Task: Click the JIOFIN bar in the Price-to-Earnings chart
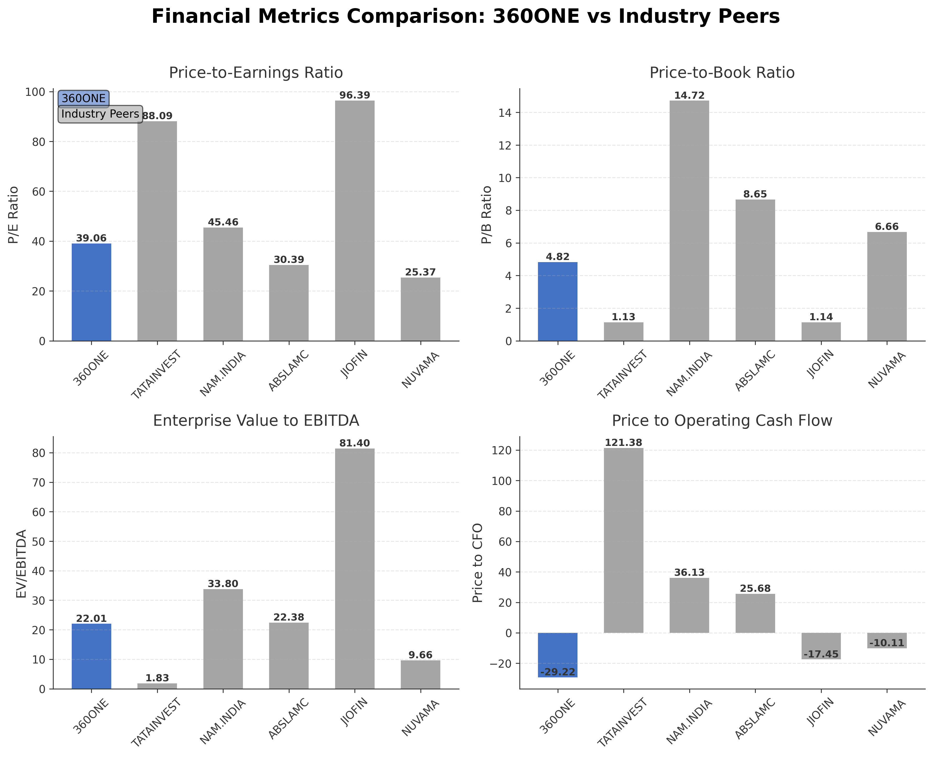354,220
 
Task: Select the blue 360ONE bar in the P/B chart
558,301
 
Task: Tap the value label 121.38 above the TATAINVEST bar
624,443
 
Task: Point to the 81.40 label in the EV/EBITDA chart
354,443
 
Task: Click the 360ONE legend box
84,98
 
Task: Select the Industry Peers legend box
100,114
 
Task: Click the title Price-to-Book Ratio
722,73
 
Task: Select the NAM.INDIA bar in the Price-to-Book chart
689,220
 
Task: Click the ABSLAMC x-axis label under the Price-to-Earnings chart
288,371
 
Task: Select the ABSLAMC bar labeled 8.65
755,270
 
